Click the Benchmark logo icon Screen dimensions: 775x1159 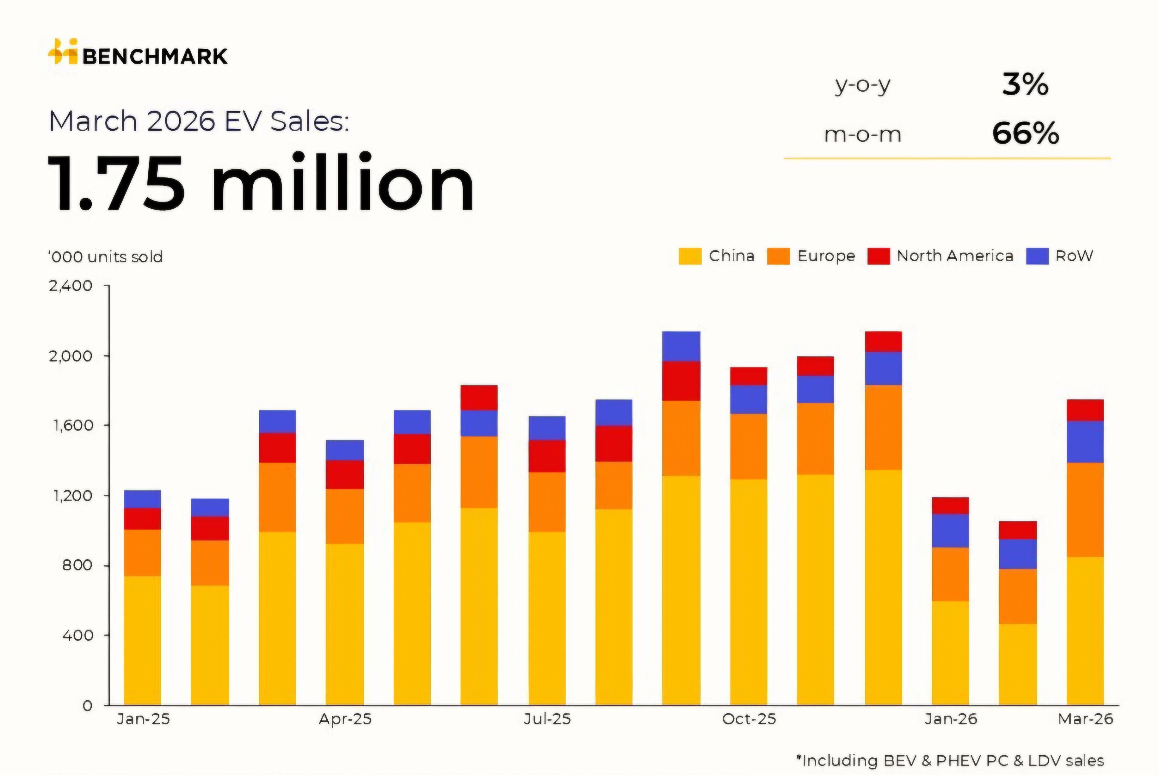coord(63,51)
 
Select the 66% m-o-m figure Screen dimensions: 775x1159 coord(1025,134)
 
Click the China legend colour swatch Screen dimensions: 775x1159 coord(690,256)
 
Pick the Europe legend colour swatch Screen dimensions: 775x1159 coord(778,256)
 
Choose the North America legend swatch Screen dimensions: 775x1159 coord(879,256)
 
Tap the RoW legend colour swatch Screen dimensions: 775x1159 coord(1037,256)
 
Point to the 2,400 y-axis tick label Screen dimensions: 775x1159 coord(71,286)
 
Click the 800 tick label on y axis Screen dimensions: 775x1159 coord(78,565)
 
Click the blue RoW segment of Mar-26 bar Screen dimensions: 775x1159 coord(1085,442)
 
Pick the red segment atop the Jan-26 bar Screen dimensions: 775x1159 coord(950,506)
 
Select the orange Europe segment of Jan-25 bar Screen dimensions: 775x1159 coord(142,553)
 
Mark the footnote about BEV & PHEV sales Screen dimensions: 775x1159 coord(950,760)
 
